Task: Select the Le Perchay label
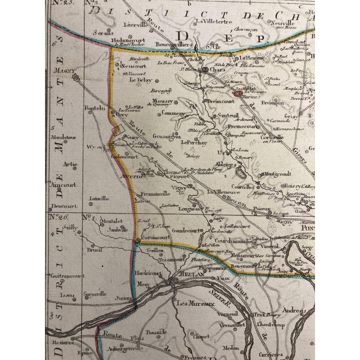[x=194, y=143]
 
